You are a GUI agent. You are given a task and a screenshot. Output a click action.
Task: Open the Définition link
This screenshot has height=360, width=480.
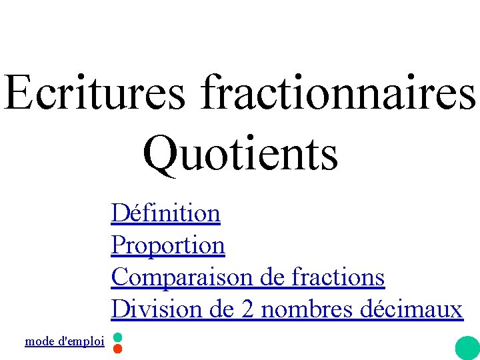[165, 213]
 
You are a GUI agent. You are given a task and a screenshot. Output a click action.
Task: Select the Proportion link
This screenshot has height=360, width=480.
[168, 246]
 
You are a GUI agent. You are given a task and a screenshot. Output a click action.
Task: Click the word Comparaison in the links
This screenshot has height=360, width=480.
[182, 277]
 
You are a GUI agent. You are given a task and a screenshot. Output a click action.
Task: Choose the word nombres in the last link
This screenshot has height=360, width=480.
[307, 309]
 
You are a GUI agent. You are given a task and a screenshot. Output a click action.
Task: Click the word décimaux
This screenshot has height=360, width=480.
[411, 309]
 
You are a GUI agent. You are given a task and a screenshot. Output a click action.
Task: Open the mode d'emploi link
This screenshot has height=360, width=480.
[64, 341]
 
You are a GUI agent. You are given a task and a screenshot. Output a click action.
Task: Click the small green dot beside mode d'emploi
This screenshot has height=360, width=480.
[117, 337]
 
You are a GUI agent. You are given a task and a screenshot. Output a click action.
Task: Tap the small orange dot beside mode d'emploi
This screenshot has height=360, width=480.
[117, 348]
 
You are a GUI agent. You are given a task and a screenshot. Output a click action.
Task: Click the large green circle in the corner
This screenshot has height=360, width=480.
[467, 348]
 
